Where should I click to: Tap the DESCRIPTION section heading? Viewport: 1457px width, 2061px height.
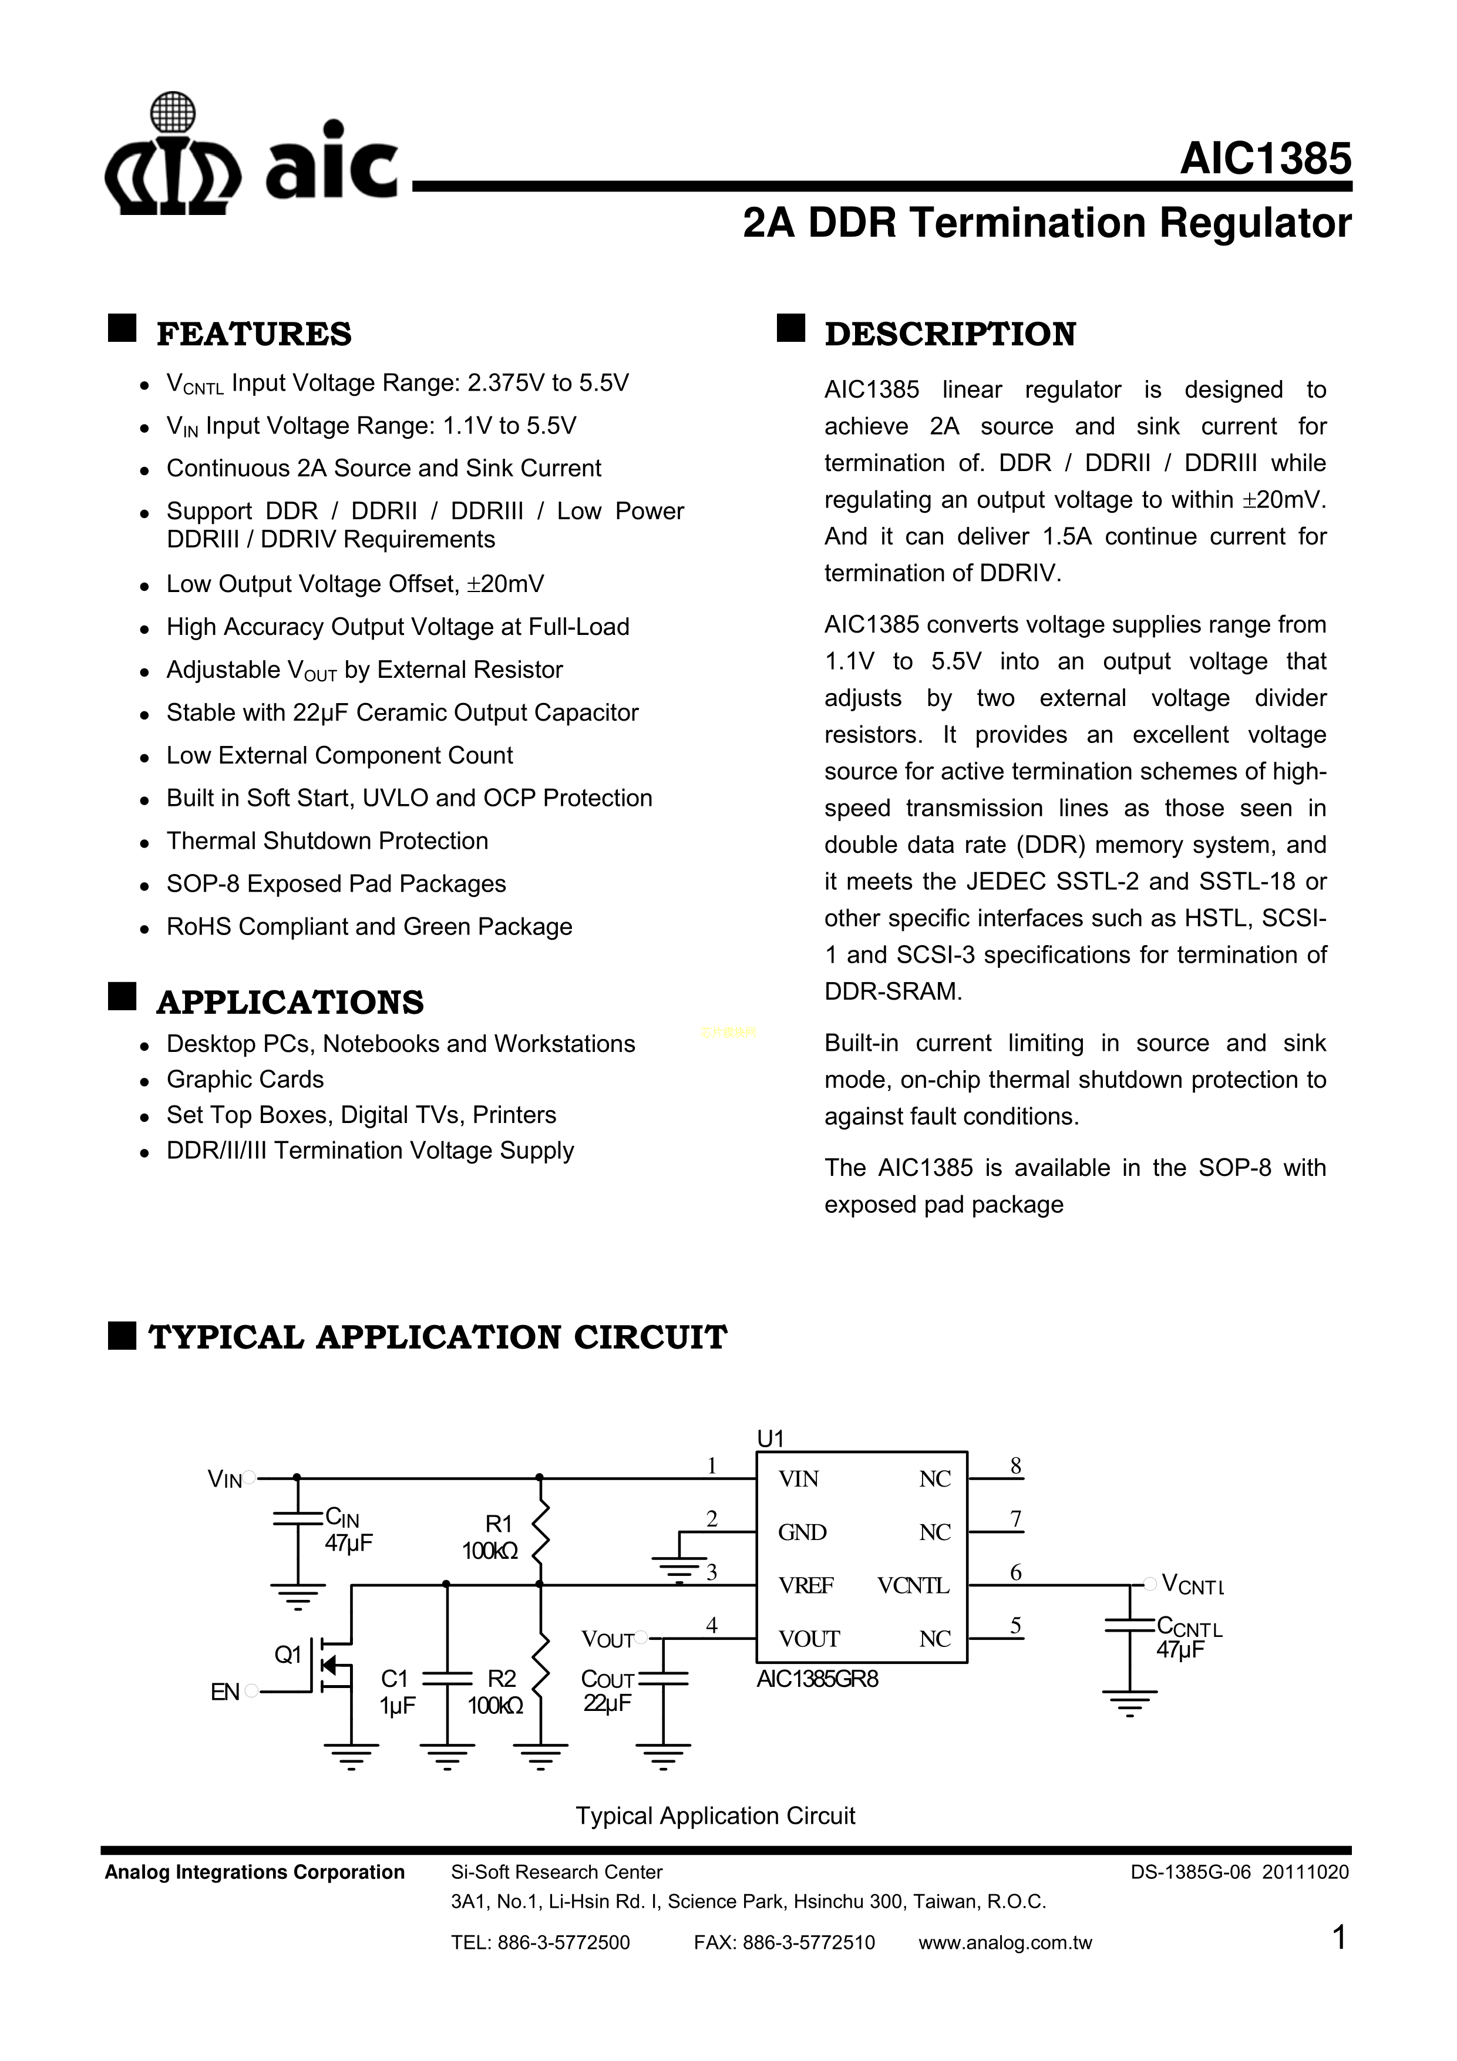point(950,334)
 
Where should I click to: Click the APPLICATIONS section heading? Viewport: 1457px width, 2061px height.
point(289,1002)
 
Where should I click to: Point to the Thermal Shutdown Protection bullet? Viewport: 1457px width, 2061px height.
point(327,841)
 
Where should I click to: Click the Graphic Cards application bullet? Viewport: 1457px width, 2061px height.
point(244,1079)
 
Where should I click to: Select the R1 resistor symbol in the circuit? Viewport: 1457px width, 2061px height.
point(540,1534)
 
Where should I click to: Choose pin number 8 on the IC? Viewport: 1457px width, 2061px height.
point(1015,1467)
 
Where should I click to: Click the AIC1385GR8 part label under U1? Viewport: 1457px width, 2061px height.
point(817,1679)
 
